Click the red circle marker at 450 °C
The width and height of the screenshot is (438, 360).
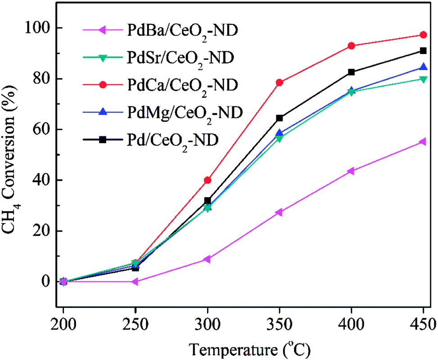point(423,35)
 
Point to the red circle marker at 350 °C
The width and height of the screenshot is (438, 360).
point(279,82)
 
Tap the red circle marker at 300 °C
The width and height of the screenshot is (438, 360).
point(208,180)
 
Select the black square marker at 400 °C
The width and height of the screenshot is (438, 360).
point(351,72)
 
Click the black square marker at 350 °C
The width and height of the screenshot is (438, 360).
point(279,118)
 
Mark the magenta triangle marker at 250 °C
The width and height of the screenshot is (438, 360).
point(135,281)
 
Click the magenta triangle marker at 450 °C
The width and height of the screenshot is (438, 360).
point(423,142)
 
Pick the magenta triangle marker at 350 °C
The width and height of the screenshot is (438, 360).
point(279,212)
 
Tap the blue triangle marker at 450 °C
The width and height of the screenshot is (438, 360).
point(423,67)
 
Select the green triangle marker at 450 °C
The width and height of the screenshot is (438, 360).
point(423,79)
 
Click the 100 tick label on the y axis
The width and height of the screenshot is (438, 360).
point(40,28)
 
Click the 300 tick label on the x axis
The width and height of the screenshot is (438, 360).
point(208,324)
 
